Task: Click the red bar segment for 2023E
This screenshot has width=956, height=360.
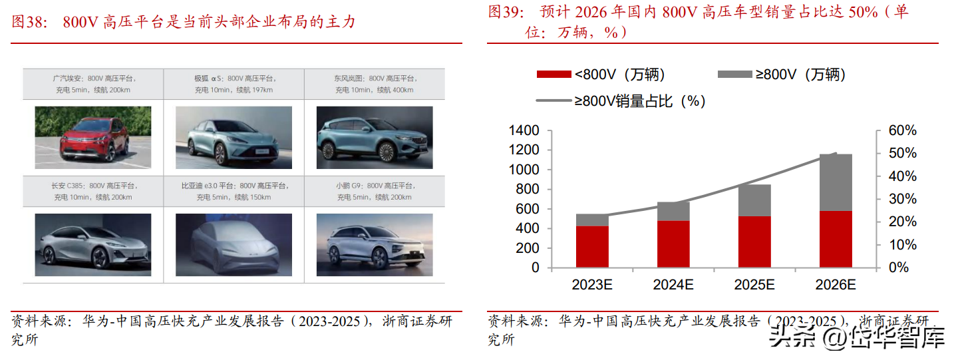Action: pyautogui.click(x=592, y=247)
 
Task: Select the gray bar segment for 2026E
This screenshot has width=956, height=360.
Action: pyautogui.click(x=836, y=182)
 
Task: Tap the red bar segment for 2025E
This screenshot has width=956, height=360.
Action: pyautogui.click(x=754, y=242)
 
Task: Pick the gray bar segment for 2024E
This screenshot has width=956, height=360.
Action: pyautogui.click(x=673, y=211)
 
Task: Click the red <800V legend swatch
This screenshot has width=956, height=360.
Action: pyautogui.click(x=554, y=75)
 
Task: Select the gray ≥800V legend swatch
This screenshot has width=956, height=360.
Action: pyautogui.click(x=734, y=75)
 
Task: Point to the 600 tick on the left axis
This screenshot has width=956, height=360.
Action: pyautogui.click(x=527, y=209)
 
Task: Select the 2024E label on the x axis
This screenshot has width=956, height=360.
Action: pyautogui.click(x=673, y=285)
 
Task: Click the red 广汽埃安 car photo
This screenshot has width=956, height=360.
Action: pyautogui.click(x=93, y=137)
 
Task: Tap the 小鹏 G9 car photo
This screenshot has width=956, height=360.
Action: pyautogui.click(x=374, y=244)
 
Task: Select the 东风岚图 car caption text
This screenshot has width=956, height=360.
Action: pyautogui.click(x=374, y=83)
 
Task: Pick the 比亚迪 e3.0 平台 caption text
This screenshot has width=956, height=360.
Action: pyautogui.click(x=234, y=191)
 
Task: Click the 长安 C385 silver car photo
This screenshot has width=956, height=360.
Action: pyautogui.click(x=93, y=244)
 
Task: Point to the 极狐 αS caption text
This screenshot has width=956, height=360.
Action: pyautogui.click(x=234, y=83)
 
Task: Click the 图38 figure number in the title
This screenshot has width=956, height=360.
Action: pyautogui.click(x=30, y=22)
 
